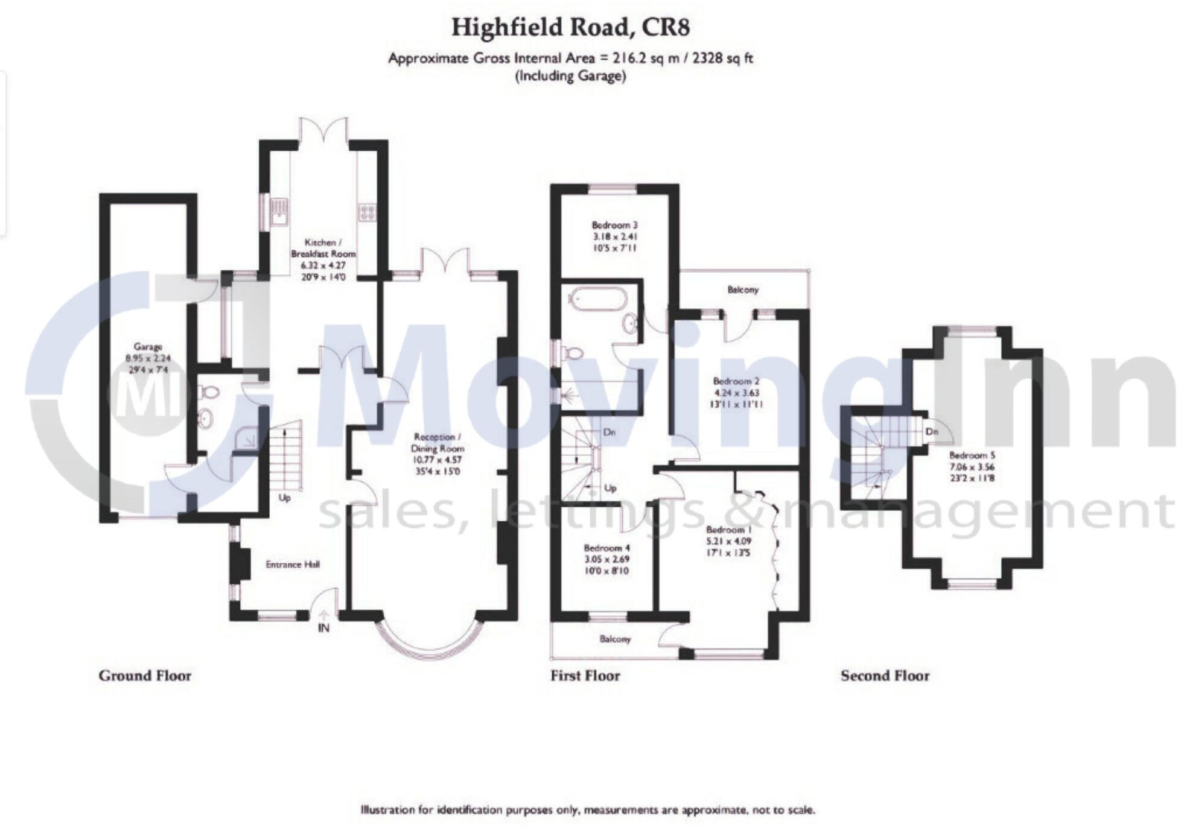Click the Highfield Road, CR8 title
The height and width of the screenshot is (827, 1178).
click(x=570, y=28)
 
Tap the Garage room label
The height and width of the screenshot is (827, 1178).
click(x=148, y=347)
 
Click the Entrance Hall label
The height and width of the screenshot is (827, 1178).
click(x=293, y=565)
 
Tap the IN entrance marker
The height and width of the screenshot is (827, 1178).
click(x=323, y=628)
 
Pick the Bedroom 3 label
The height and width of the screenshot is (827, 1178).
click(x=614, y=225)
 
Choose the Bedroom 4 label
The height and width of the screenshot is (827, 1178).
click(x=607, y=548)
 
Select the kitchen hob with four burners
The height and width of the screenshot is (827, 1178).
click(x=367, y=212)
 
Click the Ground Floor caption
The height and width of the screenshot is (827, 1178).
click(x=145, y=676)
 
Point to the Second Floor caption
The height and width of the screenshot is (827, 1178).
click(x=885, y=676)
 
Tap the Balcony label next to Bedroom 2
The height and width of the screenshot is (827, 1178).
click(x=742, y=290)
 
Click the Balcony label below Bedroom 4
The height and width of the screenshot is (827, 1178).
click(x=614, y=639)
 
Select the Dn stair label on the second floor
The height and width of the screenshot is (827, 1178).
click(x=932, y=432)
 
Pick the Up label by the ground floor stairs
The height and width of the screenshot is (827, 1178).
click(x=284, y=498)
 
